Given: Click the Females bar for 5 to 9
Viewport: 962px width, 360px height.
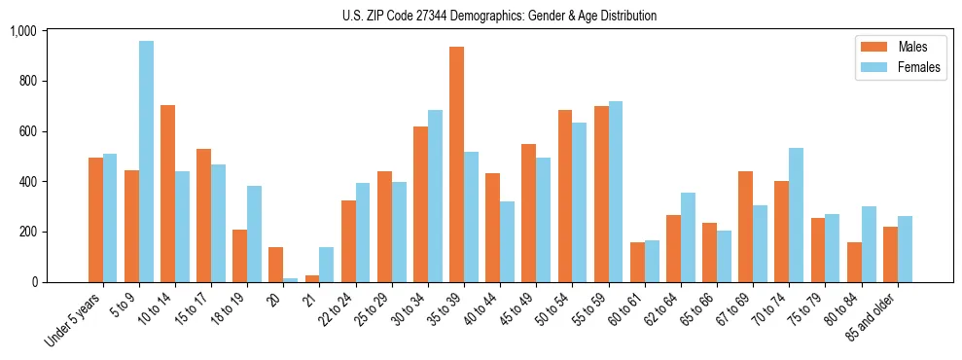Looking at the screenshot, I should pyautogui.click(x=146, y=162).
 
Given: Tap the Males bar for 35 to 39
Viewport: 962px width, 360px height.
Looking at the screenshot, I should pyautogui.click(x=456, y=164).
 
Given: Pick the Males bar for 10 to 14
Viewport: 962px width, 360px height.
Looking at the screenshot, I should pyautogui.click(x=167, y=194).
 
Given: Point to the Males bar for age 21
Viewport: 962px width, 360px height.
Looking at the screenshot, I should pyautogui.click(x=312, y=278).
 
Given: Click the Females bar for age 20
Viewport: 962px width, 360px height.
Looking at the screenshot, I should pyautogui.click(x=291, y=280).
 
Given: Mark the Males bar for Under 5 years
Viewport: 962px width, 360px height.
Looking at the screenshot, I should pyautogui.click(x=95, y=220).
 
